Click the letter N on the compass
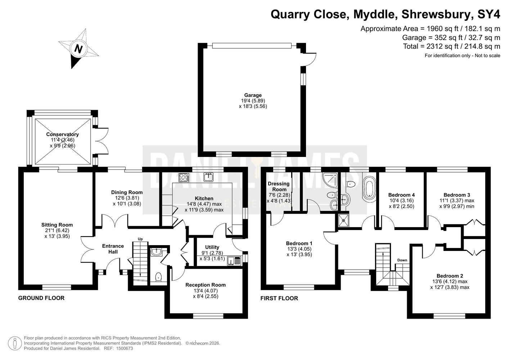(78, 49)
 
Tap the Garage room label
(253, 95)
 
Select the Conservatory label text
(63, 134)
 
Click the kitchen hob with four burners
(184, 177)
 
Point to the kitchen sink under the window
(208, 177)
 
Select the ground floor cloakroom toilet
(158, 277)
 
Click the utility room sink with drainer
(234, 261)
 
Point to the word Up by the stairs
(140, 239)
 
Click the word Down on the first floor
(402, 260)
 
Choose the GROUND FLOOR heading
(41, 298)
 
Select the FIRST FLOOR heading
(279, 298)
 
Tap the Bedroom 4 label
(401, 195)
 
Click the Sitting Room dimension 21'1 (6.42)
(57, 230)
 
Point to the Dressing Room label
(279, 186)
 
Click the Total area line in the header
(451, 46)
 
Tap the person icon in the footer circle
(15, 343)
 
